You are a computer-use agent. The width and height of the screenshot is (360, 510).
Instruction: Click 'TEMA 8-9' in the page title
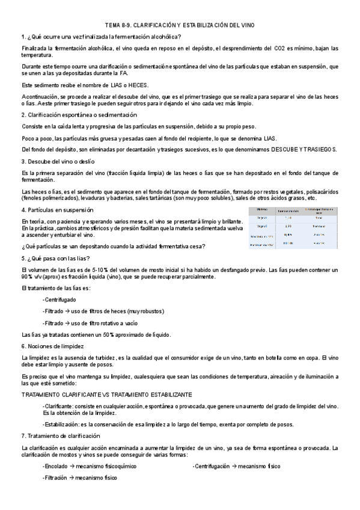117,25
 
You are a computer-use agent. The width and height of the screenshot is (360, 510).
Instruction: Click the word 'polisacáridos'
320,191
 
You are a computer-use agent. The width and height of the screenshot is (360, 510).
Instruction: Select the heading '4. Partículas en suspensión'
57,210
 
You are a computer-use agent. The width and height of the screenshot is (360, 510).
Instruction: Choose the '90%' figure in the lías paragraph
26,277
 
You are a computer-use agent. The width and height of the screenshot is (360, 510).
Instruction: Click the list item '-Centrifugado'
59,299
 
